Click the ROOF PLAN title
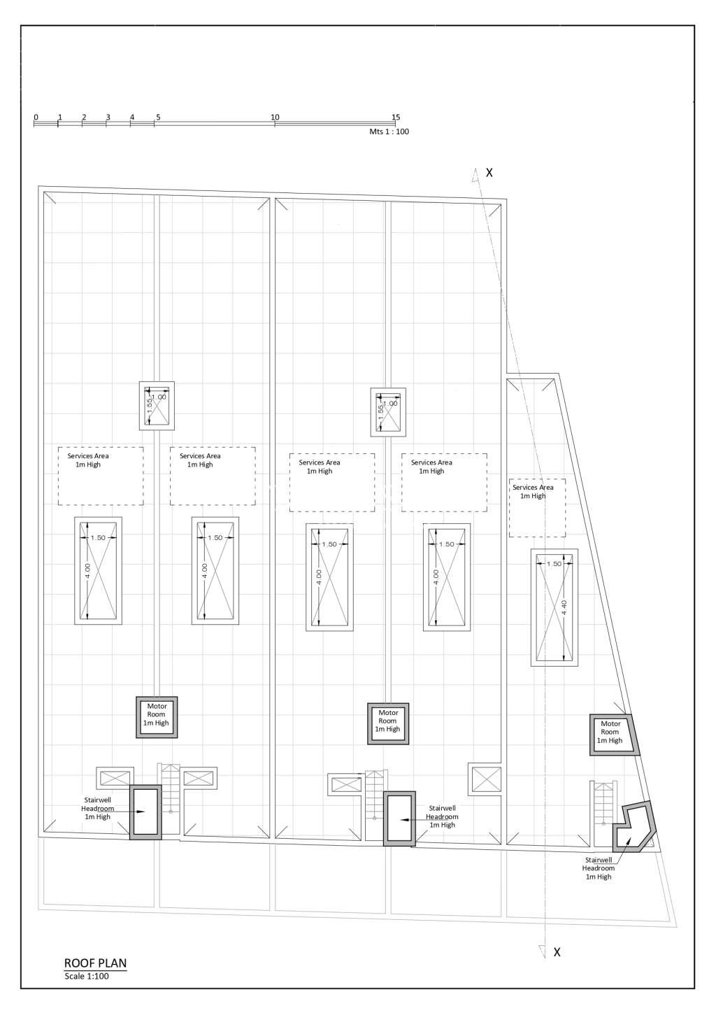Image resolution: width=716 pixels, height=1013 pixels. pos(95,963)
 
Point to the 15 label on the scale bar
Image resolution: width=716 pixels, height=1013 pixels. pos(396,117)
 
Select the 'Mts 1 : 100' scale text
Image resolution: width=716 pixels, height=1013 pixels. pos(389,132)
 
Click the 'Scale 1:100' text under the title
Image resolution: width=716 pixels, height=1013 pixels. pos(87,976)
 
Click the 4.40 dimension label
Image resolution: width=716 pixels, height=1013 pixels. pos(564,607)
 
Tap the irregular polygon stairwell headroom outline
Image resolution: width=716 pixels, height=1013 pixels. pos(633,826)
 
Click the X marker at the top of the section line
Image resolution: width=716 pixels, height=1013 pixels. pos(489,172)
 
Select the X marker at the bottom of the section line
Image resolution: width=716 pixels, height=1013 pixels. pos(557,951)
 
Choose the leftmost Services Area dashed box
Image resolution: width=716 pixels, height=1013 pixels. pos(101,476)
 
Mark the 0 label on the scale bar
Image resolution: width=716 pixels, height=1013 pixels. pos(36,117)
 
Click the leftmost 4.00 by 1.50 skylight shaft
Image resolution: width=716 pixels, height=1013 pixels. pos(99,570)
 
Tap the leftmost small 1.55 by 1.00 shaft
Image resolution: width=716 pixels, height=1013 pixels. pos(157,406)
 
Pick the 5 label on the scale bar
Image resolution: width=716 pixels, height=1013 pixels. pos(158,117)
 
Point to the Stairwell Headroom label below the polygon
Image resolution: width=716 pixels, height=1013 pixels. pos(599,867)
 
